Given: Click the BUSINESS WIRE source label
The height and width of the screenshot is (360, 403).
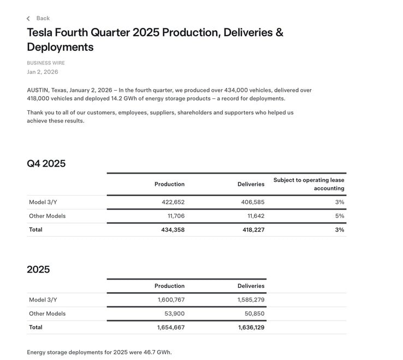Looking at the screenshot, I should [x=46, y=63].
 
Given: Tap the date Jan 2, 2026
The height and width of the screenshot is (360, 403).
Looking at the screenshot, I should [x=43, y=72].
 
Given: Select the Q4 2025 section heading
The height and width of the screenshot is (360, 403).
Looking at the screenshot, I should [x=46, y=163].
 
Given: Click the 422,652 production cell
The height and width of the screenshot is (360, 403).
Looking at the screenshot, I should [x=173, y=202].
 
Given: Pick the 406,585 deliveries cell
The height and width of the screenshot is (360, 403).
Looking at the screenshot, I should [x=252, y=202].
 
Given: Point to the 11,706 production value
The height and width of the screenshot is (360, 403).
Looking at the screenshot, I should [x=176, y=216].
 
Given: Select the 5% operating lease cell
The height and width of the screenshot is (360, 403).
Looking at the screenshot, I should [x=340, y=216].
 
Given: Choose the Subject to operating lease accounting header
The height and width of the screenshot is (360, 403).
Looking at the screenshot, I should [x=309, y=184].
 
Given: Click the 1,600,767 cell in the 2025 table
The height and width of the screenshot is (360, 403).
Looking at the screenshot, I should [x=171, y=300].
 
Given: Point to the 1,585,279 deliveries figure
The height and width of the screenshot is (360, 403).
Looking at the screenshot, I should [x=251, y=300].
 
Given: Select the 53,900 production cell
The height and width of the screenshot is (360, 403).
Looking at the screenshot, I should [x=174, y=314].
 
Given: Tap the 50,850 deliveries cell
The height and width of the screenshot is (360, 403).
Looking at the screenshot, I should [x=254, y=314].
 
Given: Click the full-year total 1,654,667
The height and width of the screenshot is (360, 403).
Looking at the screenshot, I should [x=171, y=327].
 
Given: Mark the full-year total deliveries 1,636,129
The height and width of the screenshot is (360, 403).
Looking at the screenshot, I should [x=251, y=327].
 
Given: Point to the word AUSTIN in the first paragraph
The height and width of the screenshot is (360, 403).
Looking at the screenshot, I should [x=37, y=90].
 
